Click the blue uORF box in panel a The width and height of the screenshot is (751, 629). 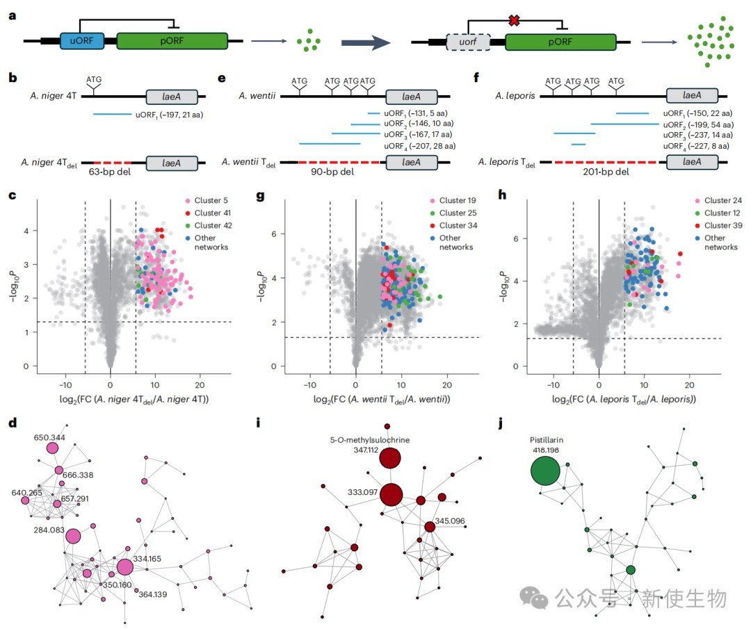coord(82,41)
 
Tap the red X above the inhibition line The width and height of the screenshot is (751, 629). coord(514,20)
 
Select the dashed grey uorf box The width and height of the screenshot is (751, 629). coord(468,42)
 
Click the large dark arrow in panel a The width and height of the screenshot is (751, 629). coord(366,42)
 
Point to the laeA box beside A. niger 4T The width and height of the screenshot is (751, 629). coord(172,97)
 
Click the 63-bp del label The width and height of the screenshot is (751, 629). coord(110,172)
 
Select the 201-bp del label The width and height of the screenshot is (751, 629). coord(606,172)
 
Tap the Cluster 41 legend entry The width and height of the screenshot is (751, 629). coord(208,213)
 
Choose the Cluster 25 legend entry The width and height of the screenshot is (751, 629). coord(453,213)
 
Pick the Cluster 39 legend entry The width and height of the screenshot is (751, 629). coord(718,225)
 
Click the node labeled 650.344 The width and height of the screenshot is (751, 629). coord(52,448)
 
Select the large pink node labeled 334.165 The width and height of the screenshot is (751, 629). coord(124,567)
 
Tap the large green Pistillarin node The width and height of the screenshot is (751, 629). coord(545,471)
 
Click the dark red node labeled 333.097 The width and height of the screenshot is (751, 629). coord(391,494)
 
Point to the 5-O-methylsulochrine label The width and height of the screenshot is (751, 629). coord(370,440)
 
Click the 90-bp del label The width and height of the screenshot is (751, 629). coord(332,172)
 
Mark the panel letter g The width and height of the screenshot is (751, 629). coord(260,196)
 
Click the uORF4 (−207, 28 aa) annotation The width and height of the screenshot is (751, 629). coord(419,146)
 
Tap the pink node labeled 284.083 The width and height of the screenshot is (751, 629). coord(73,536)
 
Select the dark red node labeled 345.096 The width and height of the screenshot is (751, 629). coord(430,527)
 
